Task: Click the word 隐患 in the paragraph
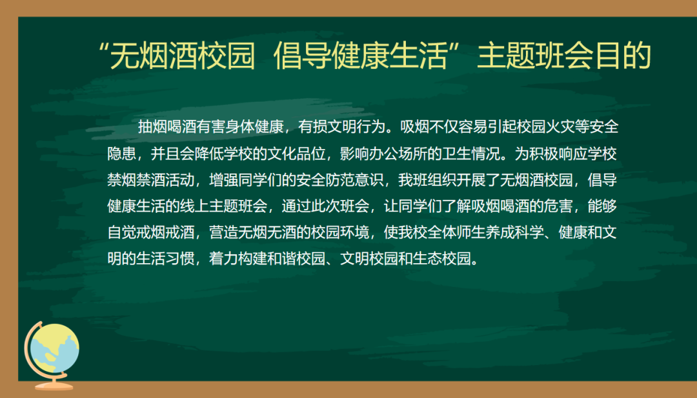122,154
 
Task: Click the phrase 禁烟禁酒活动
150,180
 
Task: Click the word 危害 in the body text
559,206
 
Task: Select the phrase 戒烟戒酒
165,232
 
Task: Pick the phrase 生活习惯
165,259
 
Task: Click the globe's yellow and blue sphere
55,348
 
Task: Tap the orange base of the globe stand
54,386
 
